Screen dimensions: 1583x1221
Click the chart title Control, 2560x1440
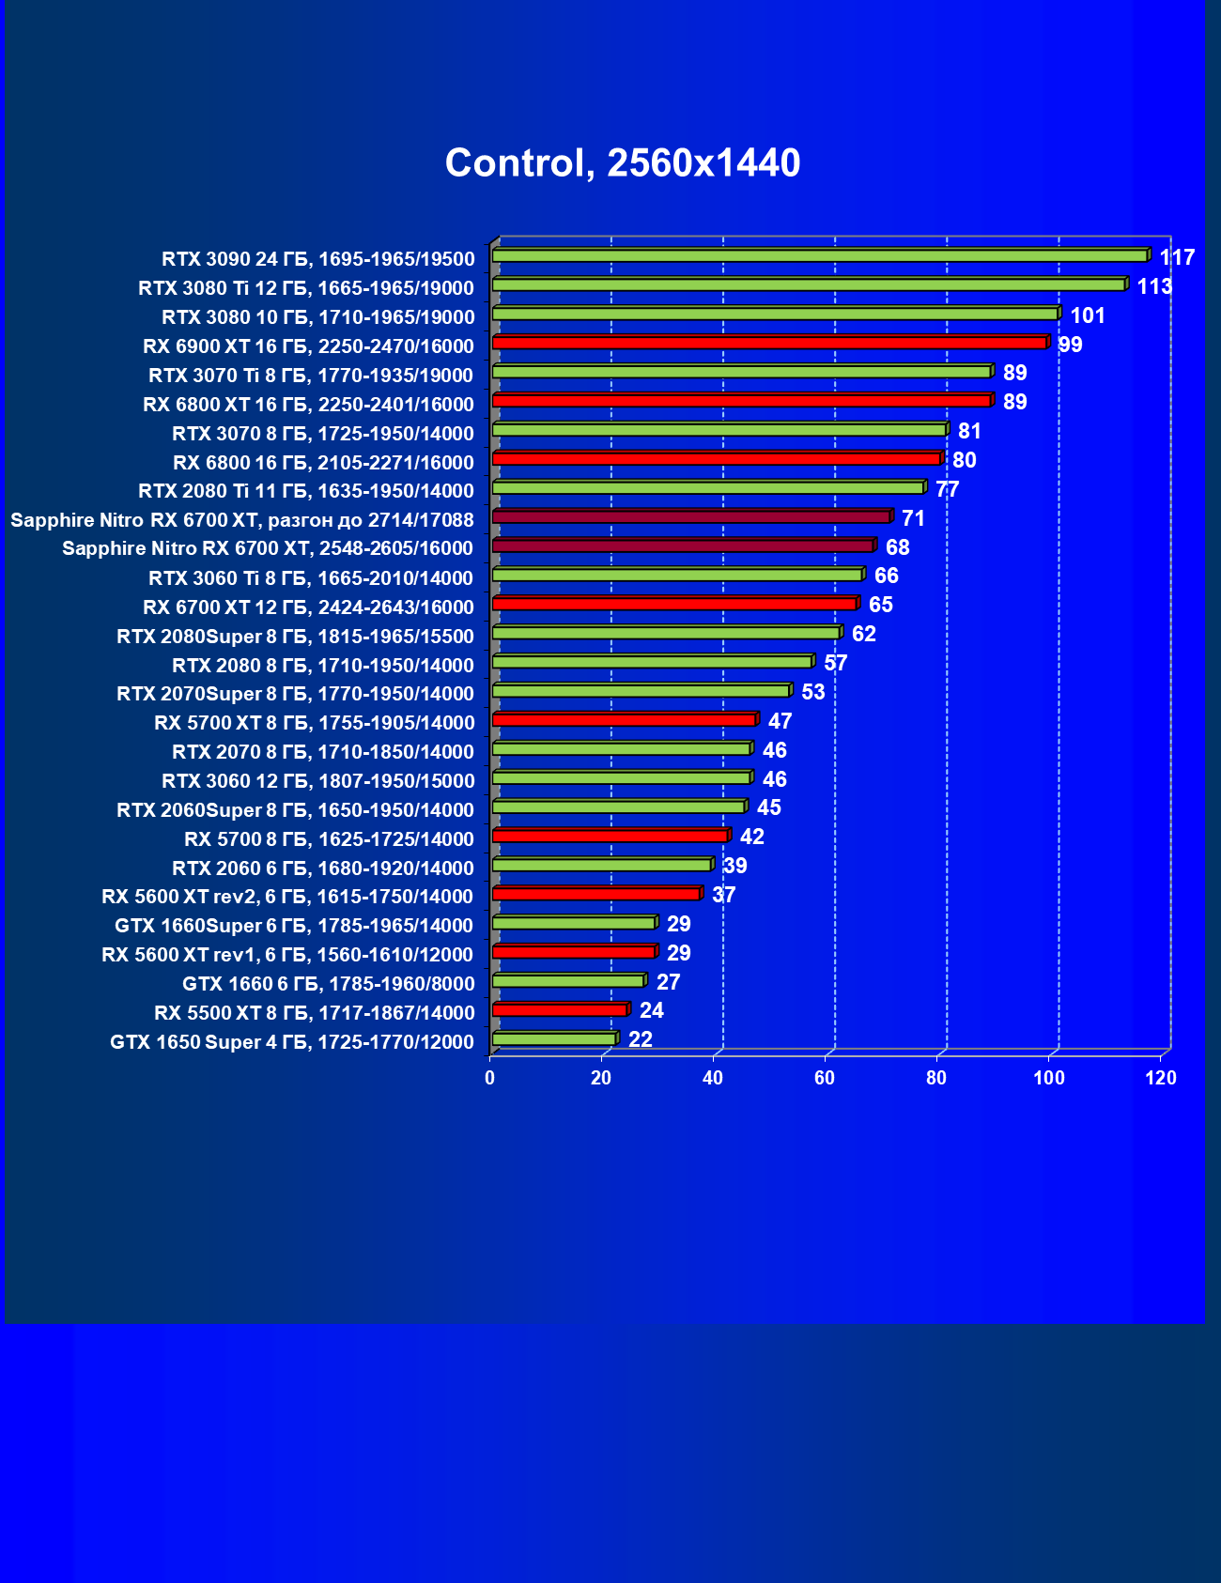pyautogui.click(x=622, y=163)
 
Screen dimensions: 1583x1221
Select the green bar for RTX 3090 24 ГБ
pyautogui.click(x=819, y=256)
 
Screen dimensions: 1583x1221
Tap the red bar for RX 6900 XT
pyautogui.click(x=768, y=343)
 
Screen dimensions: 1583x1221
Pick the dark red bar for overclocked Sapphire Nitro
pyautogui.click(x=690, y=517)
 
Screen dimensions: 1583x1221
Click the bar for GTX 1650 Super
pyautogui.click(x=554, y=1038)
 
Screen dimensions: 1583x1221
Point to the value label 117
pyautogui.click(x=1177, y=257)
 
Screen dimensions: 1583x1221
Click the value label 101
pyautogui.click(x=1088, y=315)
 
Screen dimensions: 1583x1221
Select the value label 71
pyautogui.click(x=913, y=518)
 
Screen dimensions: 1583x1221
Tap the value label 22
pyautogui.click(x=640, y=1039)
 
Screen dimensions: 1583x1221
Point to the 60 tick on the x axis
pyautogui.click(x=825, y=1078)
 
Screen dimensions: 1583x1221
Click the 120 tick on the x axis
pyautogui.click(x=1161, y=1078)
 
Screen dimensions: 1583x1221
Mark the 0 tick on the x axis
pyautogui.click(x=489, y=1078)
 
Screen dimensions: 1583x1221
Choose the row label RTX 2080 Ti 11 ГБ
pyautogui.click(x=306, y=491)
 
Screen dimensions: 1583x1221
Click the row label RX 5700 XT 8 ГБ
pyautogui.click(x=315, y=723)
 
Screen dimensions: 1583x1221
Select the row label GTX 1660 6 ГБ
pyautogui.click(x=329, y=984)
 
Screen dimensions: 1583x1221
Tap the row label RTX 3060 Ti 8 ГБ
pyautogui.click(x=311, y=578)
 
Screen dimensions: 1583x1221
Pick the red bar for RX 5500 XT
pyautogui.click(x=559, y=1009)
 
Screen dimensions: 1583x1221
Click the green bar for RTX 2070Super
pyautogui.click(x=641, y=691)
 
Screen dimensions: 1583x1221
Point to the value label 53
pyautogui.click(x=812, y=692)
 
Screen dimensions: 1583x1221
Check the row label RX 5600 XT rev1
pyautogui.click(x=287, y=955)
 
